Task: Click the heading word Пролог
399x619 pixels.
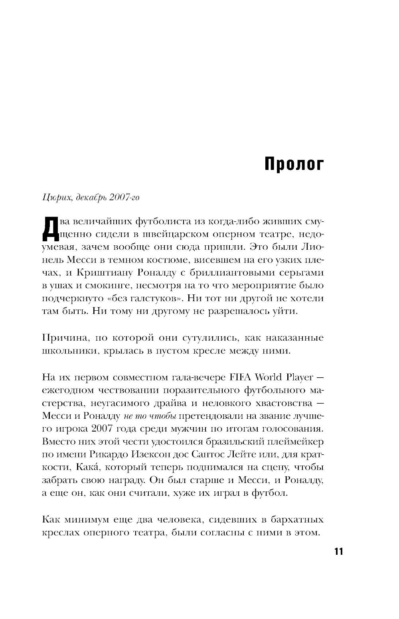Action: [294, 164]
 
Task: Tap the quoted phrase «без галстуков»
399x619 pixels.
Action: [147, 298]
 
